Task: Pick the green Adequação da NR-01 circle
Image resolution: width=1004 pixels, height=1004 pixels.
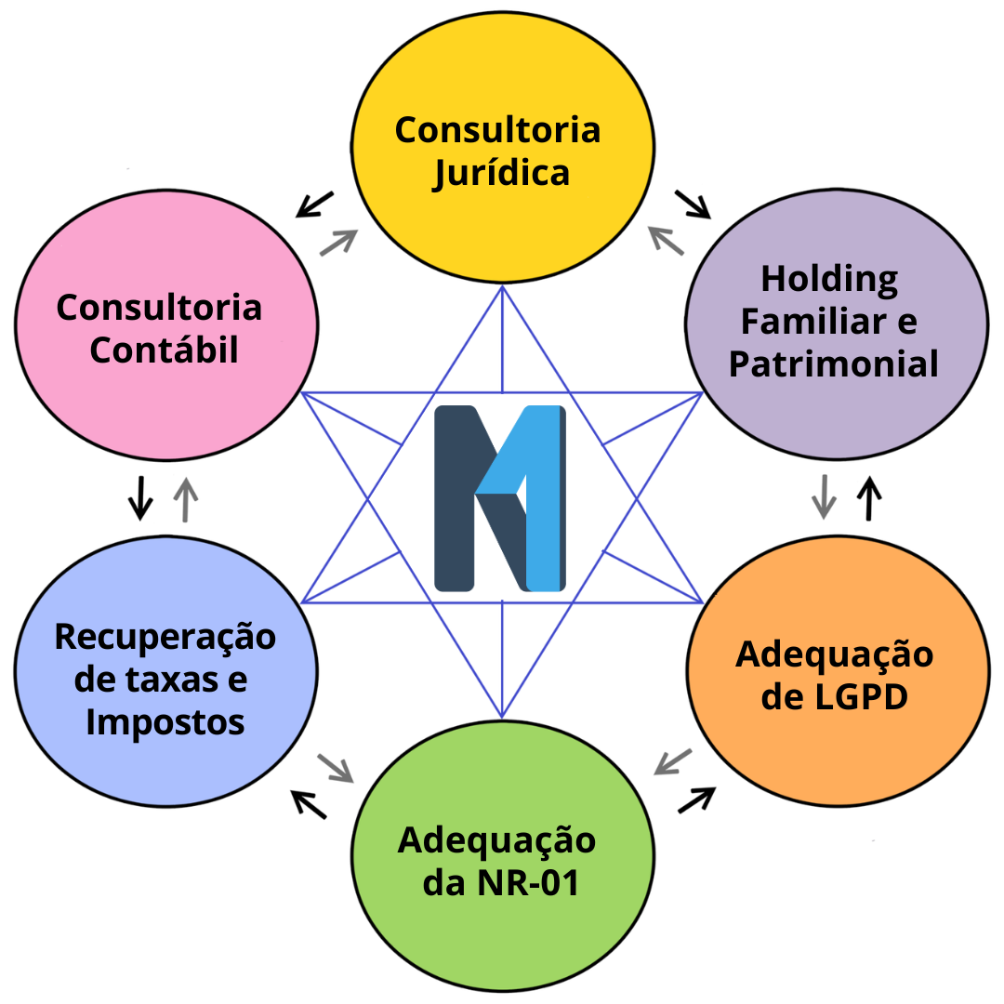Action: tap(502, 939)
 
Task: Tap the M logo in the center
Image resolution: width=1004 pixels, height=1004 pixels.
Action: tap(500, 498)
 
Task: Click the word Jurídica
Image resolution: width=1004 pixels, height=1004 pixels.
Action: tap(501, 174)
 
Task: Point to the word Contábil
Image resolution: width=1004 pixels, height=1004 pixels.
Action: tap(164, 350)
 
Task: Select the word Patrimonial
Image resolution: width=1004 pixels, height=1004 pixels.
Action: tap(834, 364)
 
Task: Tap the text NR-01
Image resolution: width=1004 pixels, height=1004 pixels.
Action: tap(527, 882)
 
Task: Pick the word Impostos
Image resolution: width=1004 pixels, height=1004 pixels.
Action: tap(165, 722)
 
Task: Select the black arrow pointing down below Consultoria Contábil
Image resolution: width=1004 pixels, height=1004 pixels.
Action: tap(140, 497)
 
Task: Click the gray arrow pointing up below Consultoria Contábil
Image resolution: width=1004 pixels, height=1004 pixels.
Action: tap(186, 498)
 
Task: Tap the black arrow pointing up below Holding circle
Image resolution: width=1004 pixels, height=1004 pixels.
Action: tap(869, 497)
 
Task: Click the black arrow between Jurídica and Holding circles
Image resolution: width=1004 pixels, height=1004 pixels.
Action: tap(693, 204)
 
